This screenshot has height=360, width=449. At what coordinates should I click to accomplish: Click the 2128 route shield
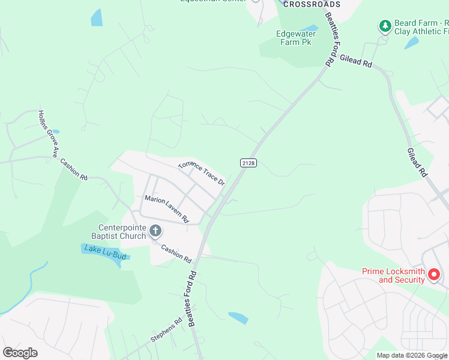[249, 163]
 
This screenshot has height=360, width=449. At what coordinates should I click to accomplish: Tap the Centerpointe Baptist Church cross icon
[155, 230]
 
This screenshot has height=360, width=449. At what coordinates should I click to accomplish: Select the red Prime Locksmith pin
[434, 275]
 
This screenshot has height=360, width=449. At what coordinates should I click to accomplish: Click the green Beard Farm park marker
[385, 26]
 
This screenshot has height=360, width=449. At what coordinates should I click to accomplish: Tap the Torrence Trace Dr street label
[201, 173]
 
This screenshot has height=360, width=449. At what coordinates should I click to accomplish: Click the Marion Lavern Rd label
[166, 208]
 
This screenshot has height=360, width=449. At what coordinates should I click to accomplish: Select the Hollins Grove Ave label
[47, 133]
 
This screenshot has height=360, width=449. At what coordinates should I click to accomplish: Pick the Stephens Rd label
[166, 329]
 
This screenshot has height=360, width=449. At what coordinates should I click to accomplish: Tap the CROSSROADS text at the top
[312, 4]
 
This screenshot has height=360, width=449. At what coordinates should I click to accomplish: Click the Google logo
[20, 353]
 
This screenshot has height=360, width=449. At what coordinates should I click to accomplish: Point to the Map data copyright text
[412, 355]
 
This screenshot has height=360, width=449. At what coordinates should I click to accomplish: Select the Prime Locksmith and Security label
[393, 275]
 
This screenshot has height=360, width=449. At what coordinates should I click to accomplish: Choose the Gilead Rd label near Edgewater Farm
[356, 61]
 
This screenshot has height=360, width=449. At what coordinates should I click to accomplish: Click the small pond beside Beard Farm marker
[412, 43]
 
